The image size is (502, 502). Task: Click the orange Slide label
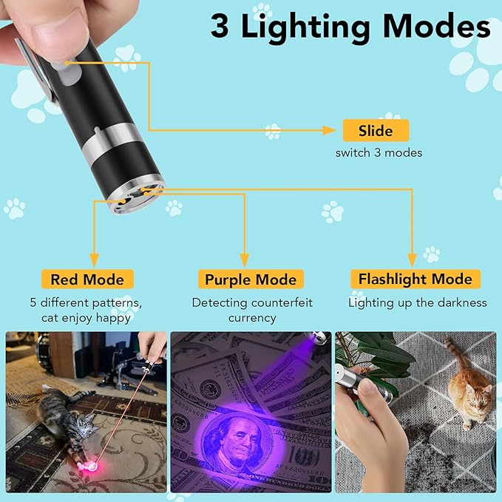pos(375,131)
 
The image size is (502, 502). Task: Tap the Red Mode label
pos(87,279)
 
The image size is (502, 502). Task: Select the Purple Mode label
pos(251,279)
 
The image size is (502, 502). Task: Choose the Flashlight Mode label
pos(415,279)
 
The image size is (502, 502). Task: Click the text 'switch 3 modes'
pos(379,153)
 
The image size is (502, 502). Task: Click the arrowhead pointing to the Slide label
pos(331,130)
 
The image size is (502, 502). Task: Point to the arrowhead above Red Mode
pos(95,260)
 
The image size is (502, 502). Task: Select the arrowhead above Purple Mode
pos(245,260)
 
